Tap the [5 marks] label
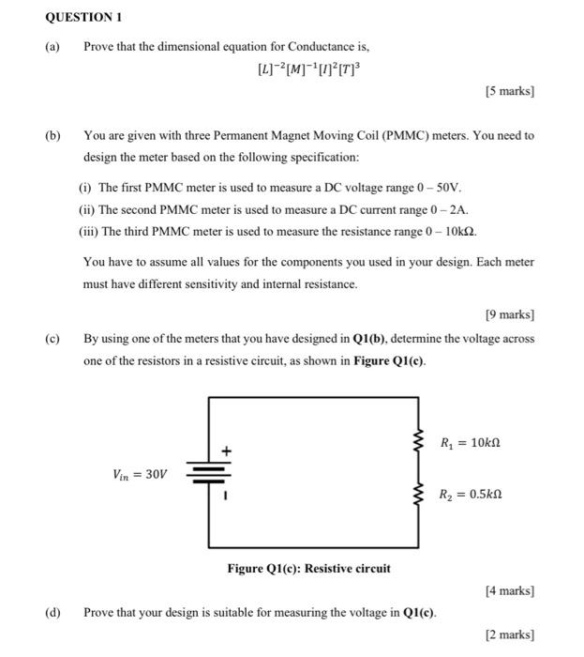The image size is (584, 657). coord(509,92)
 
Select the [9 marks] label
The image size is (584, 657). coord(509,314)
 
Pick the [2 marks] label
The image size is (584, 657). coord(509,635)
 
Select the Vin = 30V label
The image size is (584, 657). coord(139,474)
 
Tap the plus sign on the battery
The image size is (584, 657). coord(226,451)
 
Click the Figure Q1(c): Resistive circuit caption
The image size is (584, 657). coord(308,569)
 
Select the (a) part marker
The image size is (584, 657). coord(52,46)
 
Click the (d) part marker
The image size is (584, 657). coord(52,613)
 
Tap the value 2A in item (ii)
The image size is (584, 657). coord(455,210)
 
